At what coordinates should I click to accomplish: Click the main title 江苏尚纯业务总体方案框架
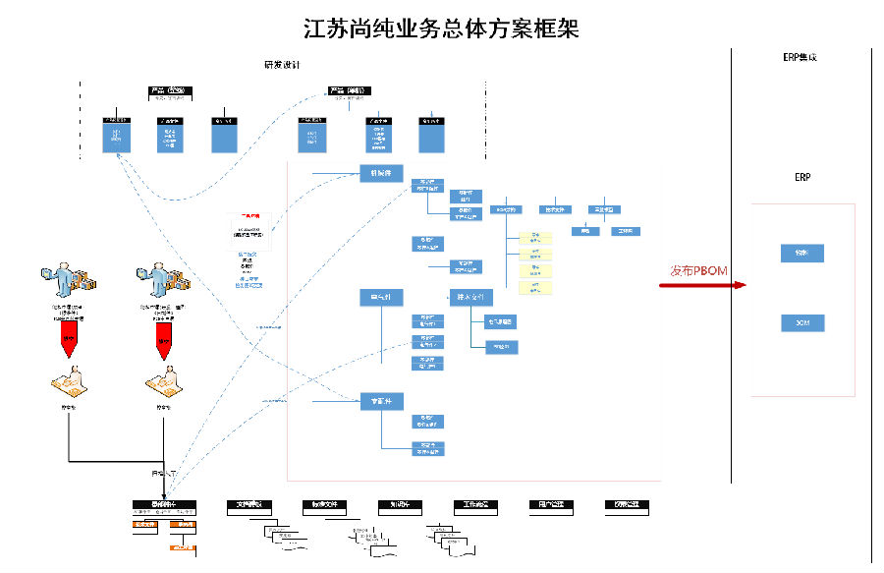(441, 28)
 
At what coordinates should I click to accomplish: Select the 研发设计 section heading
(282, 65)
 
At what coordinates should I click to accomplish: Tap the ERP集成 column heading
(800, 58)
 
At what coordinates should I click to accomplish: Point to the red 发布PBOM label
(698, 270)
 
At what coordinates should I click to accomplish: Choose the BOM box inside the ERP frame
(801, 322)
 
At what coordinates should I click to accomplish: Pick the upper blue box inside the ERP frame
(801, 253)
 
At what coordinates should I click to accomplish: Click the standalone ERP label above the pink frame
(801, 178)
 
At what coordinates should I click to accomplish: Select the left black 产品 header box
(171, 91)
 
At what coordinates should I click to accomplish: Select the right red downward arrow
(163, 341)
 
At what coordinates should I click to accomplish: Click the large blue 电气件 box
(375, 297)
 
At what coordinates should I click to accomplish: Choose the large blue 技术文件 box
(471, 297)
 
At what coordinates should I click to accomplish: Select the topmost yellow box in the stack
(535, 237)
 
